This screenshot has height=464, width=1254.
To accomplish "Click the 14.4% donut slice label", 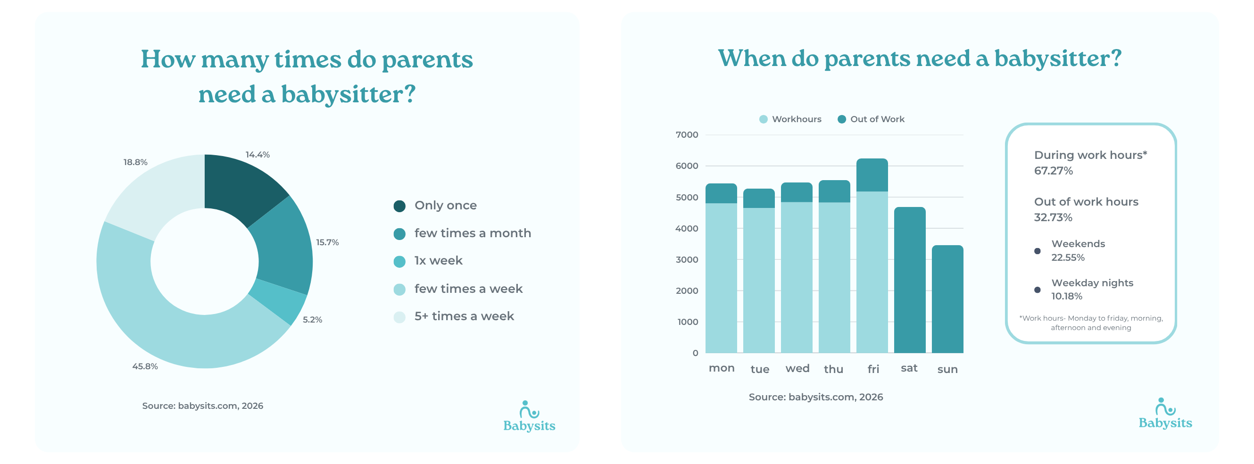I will pos(257,155).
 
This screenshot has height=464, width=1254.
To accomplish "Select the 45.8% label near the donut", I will pos(145,366).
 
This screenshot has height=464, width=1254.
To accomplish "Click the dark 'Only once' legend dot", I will pos(399,206).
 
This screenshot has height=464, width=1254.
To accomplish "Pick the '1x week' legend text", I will pos(438,260).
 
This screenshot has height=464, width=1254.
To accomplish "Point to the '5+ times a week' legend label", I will pos(464,316).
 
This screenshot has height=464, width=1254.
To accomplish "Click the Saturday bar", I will pos(909,280).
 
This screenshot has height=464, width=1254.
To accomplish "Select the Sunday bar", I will pos(947,299).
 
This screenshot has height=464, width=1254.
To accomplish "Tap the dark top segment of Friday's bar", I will pos(872,175).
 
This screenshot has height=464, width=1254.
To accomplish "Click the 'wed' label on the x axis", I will pos(797,369).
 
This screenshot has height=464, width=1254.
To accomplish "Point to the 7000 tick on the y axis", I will pos(686,135).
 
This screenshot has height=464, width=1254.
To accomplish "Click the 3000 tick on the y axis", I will pos(686,259).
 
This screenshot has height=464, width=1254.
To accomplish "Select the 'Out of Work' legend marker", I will pos(841,119).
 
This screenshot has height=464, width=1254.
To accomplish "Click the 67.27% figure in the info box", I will pos(1053,171).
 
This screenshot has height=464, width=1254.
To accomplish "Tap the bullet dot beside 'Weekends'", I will pos(1037,251).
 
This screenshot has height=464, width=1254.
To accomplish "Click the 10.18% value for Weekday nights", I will pos(1066,296).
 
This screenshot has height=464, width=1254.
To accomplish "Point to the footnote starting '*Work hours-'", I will pos(1090,323).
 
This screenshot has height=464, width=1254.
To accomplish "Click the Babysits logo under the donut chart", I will pos(529,417).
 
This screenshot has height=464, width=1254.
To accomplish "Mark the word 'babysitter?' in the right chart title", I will pos(1057,59).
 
